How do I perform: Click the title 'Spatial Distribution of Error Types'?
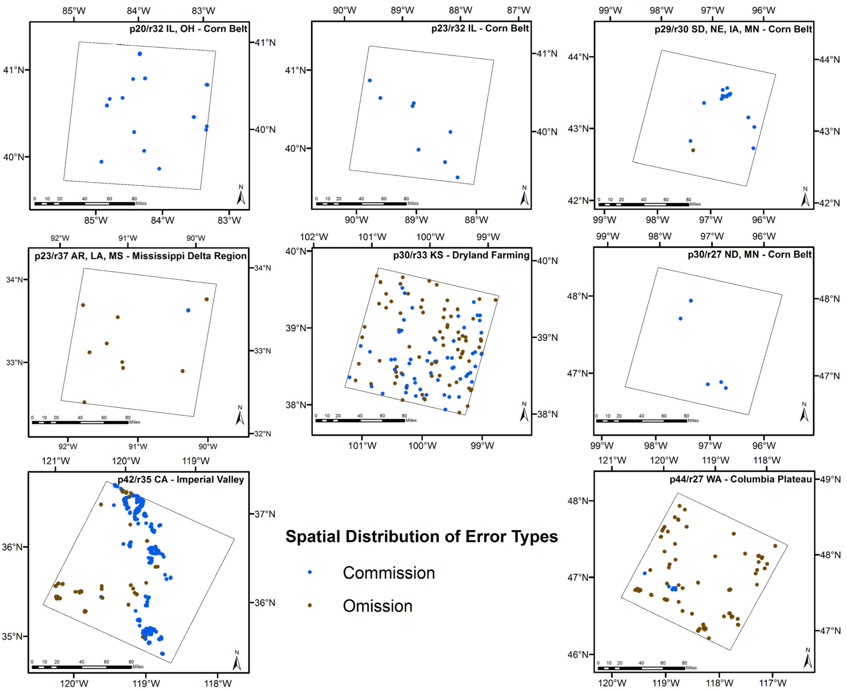[x=421, y=537]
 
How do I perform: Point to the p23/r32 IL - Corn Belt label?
[x=480, y=28]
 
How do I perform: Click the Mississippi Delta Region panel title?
[x=140, y=256]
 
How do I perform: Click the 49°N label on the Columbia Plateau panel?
[x=830, y=479]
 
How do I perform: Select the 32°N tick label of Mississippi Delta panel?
[x=262, y=434]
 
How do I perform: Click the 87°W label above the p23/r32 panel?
[x=518, y=10]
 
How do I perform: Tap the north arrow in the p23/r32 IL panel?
[x=524, y=196]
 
